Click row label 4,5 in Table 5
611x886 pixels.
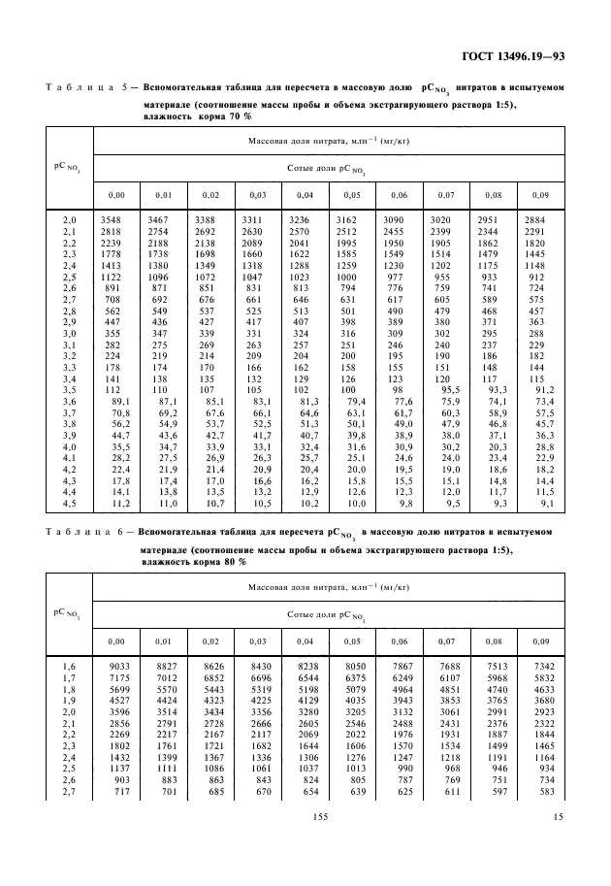pyautogui.click(x=69, y=504)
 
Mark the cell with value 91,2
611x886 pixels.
pyautogui.click(x=546, y=390)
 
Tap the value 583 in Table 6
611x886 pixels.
pyautogui.click(x=546, y=792)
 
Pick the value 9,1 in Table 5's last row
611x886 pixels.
pyautogui.click(x=549, y=504)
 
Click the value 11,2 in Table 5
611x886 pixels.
pyautogui.click(x=117, y=504)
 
